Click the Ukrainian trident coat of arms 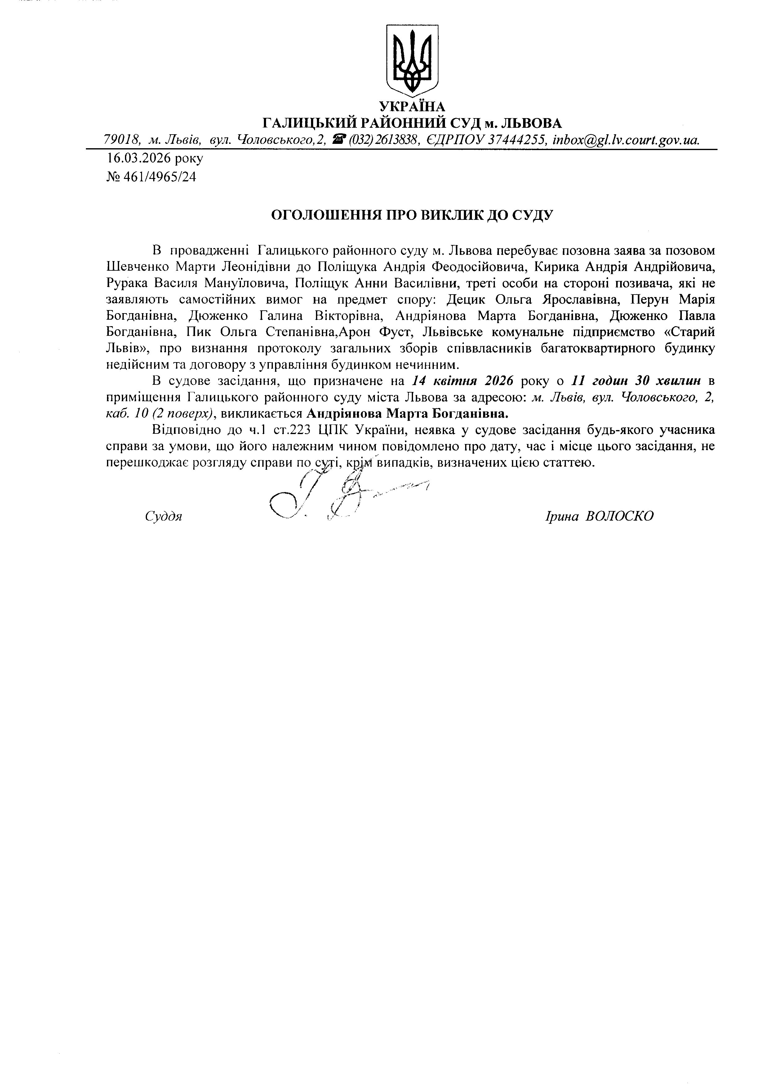(x=412, y=60)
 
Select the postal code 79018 (x=121, y=140)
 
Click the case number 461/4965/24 (x=160, y=177)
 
